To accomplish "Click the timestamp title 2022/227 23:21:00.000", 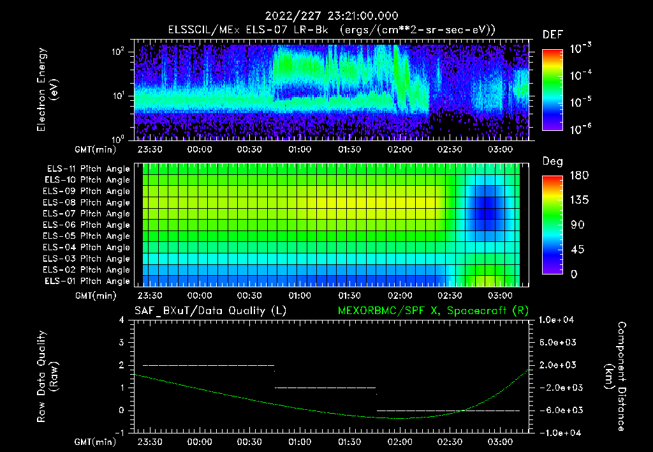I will pos(326,16).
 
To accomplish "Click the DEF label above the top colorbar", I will pos(552,34).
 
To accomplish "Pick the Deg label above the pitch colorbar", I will pos(552,162).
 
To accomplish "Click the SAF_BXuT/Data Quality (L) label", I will pos(210,311).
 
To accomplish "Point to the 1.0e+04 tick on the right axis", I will pos(558,320).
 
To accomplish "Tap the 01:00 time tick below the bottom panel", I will pos(300,442).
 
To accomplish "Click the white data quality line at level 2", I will pos(208,365).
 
